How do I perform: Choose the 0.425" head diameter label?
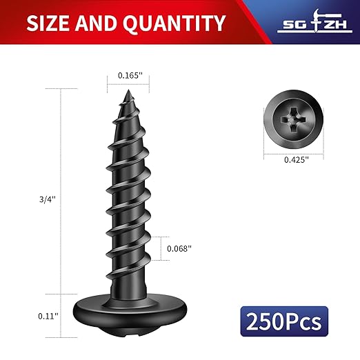tap(296, 160)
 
